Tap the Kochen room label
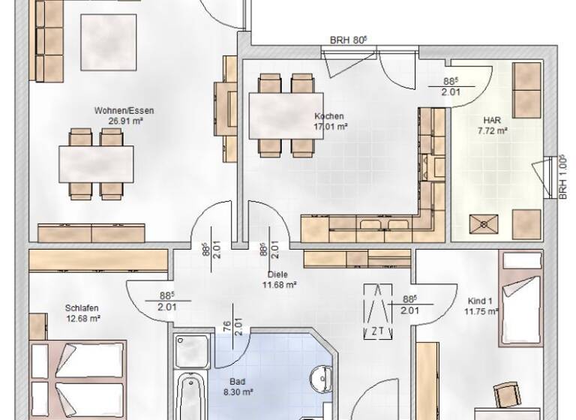pos(329,116)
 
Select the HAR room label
pos(493,120)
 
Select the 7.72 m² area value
pos(493,130)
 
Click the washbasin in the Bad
pos(319,377)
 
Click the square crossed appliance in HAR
pos(482,223)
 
